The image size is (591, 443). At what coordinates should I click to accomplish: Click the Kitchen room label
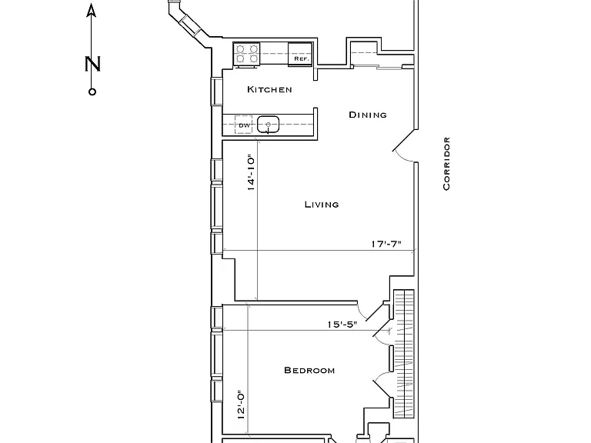coord(269,89)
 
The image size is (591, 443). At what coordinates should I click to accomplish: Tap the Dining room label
coord(368,115)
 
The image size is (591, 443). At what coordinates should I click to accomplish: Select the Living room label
coord(322,205)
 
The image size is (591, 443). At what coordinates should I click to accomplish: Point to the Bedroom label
coord(309,370)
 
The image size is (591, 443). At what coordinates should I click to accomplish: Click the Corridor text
coord(446,164)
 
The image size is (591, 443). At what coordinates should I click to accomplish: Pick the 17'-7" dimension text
coord(386,244)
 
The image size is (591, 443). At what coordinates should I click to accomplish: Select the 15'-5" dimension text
coord(342,325)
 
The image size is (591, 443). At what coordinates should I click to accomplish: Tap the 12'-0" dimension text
coord(241,405)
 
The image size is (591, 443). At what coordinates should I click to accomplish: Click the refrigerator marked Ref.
coord(300,55)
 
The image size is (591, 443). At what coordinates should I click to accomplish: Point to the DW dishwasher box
coord(244,125)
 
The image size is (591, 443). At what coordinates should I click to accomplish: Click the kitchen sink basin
coord(268,125)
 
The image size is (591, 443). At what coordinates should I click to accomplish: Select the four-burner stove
coord(246,55)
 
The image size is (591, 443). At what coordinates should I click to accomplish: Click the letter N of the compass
coord(92,64)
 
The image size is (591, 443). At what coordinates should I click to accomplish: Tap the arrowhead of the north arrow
coord(92,11)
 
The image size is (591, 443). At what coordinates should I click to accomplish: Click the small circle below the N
coord(92,92)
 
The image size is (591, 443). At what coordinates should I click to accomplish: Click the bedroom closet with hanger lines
coord(404,353)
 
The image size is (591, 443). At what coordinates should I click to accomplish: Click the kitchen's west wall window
coord(216,92)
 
